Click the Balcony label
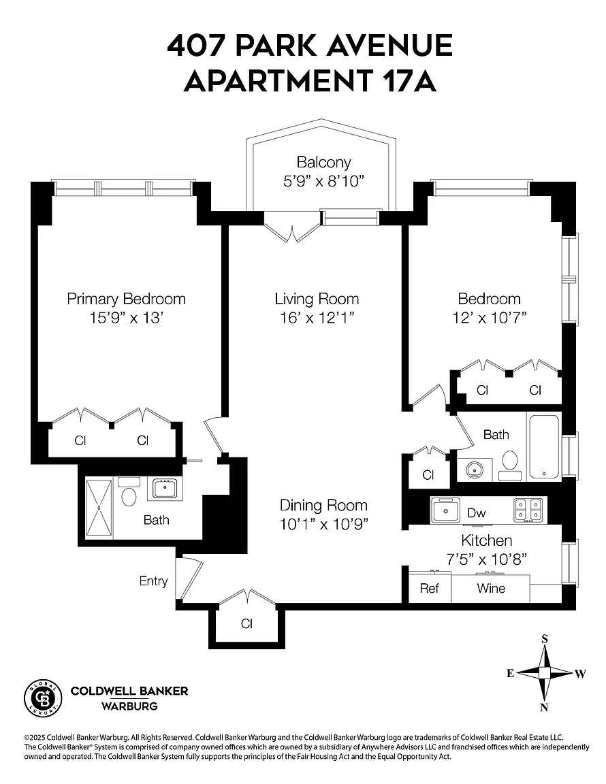(x=323, y=162)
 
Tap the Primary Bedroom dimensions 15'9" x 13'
(x=127, y=318)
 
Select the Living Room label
(x=317, y=299)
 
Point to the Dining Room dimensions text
(x=323, y=524)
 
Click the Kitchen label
(x=486, y=540)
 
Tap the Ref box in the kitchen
(x=430, y=587)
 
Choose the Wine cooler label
(x=491, y=588)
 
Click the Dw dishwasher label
(x=476, y=513)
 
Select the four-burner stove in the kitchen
(x=528, y=510)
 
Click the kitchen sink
(x=445, y=510)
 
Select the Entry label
(x=153, y=581)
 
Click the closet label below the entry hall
(x=246, y=623)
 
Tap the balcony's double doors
(x=292, y=227)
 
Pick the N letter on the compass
(x=545, y=707)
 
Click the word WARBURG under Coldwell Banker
(x=129, y=706)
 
